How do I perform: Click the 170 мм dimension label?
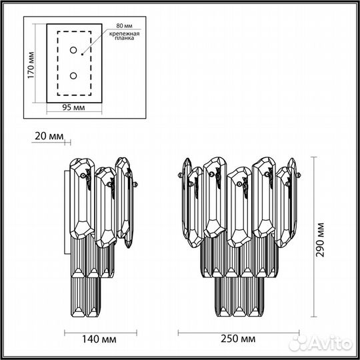tap(31, 64)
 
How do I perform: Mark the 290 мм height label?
tap(321, 241)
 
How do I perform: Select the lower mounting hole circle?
tap(74, 76)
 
